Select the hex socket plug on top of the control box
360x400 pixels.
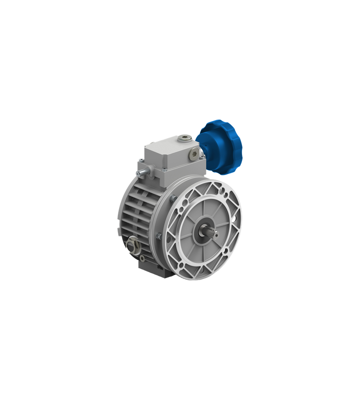click(185, 137)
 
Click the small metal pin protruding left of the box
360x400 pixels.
click(140, 172)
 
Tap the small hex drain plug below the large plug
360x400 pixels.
click(142, 258)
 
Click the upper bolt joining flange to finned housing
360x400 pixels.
click(173, 198)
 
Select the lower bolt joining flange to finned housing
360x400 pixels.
click(159, 236)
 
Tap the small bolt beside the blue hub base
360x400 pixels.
click(202, 157)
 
